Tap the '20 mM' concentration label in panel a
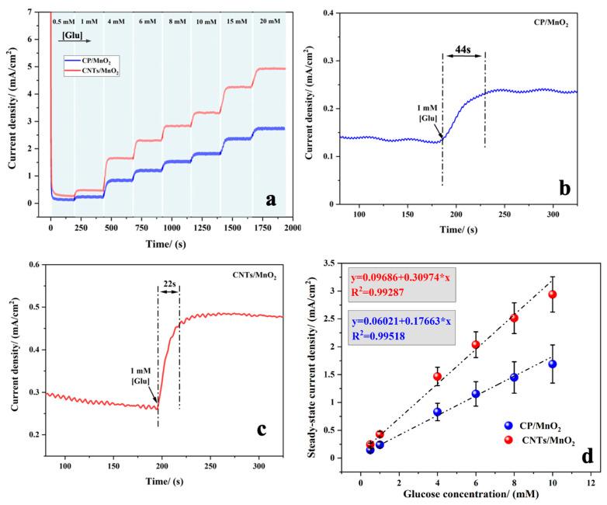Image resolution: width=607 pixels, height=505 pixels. [269, 23]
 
